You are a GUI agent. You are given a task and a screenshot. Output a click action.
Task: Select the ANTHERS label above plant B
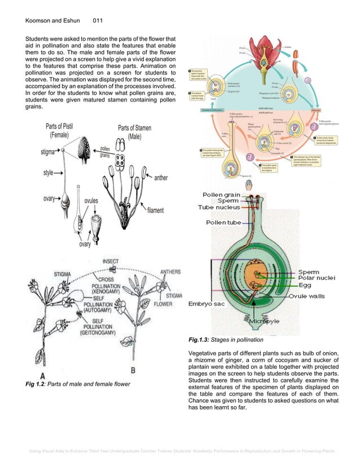tap(170, 271)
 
